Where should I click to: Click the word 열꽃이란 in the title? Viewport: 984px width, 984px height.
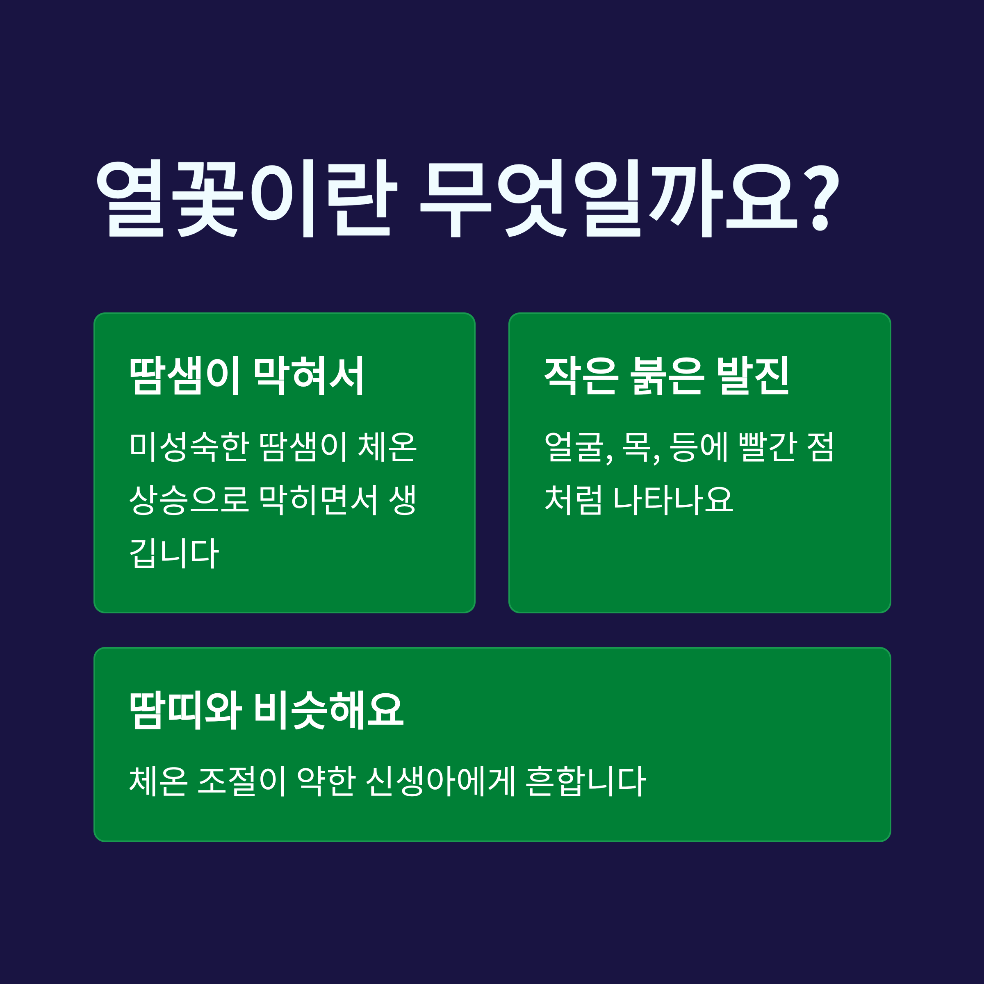[x=246, y=198]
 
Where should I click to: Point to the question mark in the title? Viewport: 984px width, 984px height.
[x=821, y=198]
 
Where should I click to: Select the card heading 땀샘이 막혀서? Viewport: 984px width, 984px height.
[x=246, y=376]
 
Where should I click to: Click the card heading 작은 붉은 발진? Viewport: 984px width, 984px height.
[x=667, y=376]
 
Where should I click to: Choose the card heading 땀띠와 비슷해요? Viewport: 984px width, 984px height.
[x=267, y=711]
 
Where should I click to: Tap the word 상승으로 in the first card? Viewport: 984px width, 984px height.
[x=189, y=500]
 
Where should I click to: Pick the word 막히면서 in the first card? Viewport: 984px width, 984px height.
[x=318, y=500]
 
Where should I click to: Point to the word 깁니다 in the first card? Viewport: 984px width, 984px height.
[x=174, y=553]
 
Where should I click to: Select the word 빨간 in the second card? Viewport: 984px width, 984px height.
[x=767, y=446]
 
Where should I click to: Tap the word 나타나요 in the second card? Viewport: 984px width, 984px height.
[x=673, y=500]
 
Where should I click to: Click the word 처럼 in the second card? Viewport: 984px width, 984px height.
[x=574, y=500]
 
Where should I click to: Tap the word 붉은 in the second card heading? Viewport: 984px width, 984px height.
[x=667, y=376]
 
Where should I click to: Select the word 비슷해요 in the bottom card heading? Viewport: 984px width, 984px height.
[x=329, y=711]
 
